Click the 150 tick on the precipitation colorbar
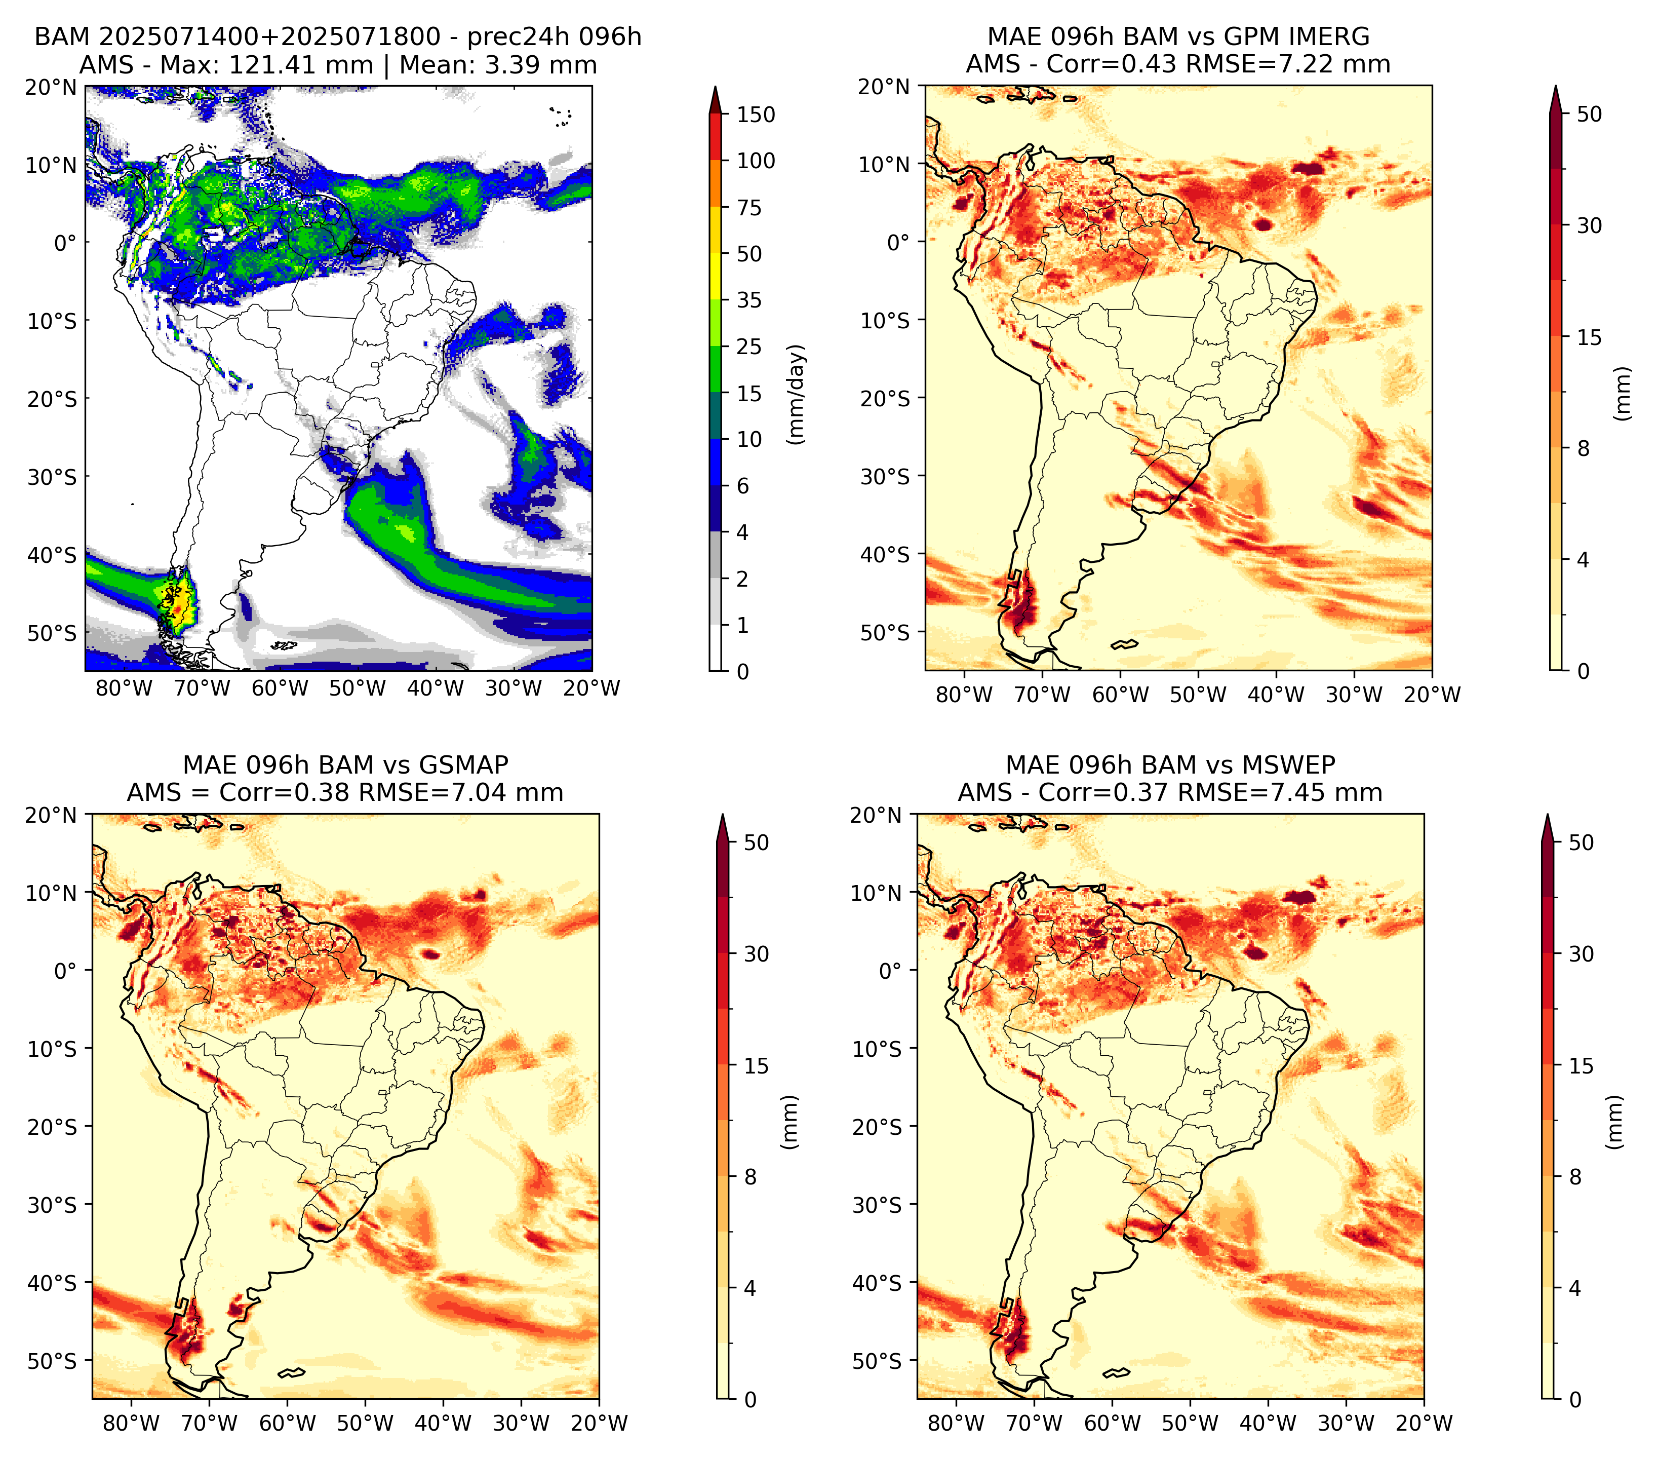tap(755, 114)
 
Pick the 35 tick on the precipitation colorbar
tap(748, 300)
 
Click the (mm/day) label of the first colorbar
tap(798, 394)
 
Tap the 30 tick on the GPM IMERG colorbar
tap(1589, 225)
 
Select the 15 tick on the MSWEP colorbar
tap(1581, 1066)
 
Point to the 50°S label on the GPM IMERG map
tap(886, 632)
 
